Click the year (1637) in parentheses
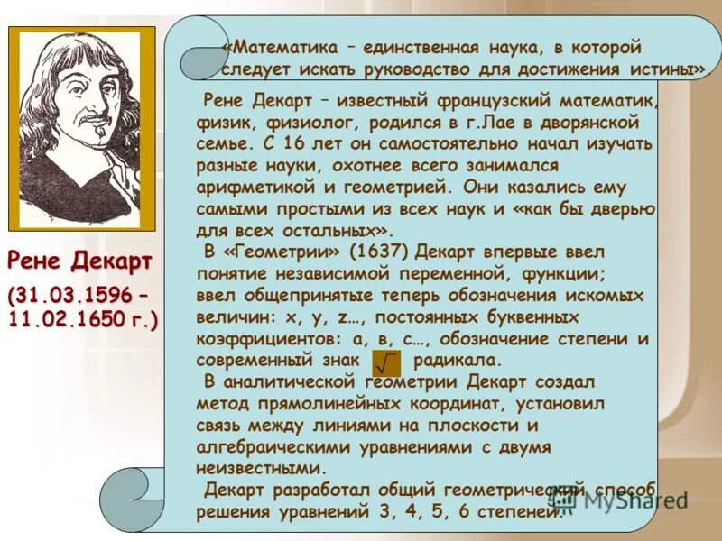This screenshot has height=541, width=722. coord(384,252)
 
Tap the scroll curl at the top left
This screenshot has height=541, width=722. coord(203,58)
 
